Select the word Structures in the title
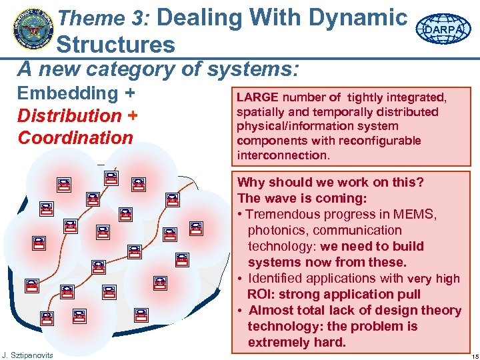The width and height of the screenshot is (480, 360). click(115, 45)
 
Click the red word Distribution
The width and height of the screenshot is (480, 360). click(69, 115)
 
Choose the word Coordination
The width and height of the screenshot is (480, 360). click(75, 138)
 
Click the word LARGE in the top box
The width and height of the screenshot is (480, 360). click(254, 98)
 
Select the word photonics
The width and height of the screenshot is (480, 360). click(275, 230)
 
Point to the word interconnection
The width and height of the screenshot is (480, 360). click(281, 155)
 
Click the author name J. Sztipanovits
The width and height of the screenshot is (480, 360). click(27, 354)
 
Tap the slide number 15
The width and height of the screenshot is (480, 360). click(471, 354)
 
